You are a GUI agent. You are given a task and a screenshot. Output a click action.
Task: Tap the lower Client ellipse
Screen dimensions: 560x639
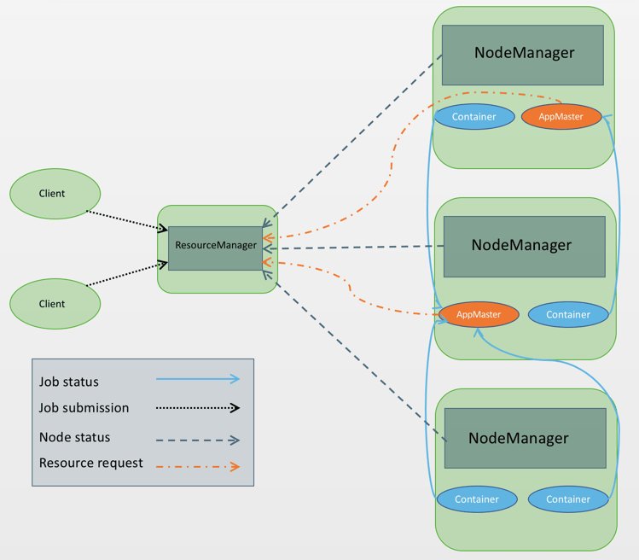point(55,304)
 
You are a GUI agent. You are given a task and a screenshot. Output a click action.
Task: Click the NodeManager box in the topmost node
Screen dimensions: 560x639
point(522,55)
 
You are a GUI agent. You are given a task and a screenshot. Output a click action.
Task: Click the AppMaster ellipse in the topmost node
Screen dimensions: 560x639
point(561,116)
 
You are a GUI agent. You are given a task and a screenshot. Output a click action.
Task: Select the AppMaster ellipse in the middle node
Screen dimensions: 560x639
point(479,314)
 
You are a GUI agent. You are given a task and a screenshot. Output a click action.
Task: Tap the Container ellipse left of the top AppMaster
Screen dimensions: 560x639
point(474,116)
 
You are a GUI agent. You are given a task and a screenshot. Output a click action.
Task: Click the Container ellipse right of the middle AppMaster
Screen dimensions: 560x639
point(568,314)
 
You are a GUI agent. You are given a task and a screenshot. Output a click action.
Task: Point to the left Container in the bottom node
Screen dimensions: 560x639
point(477,499)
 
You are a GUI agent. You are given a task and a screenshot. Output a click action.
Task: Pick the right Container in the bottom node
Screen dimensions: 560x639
point(568,499)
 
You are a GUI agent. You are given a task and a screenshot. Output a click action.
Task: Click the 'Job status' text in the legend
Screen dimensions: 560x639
point(69,382)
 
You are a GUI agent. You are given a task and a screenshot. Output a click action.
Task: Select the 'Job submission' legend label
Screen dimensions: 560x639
point(84,408)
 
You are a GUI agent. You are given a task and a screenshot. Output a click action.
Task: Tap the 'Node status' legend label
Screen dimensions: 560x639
point(74,437)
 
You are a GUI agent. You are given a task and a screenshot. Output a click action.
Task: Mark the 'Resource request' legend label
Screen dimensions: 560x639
point(90,463)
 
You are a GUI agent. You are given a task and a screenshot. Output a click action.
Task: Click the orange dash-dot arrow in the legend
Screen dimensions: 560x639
point(198,466)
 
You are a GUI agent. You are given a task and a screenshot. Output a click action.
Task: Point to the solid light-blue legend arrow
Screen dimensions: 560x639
point(198,379)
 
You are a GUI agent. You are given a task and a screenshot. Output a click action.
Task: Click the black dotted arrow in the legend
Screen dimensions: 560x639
point(198,408)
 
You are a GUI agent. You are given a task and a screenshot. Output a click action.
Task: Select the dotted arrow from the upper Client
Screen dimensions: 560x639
point(128,220)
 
